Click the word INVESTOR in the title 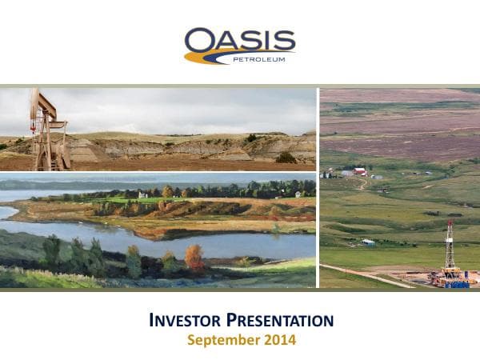point(186,322)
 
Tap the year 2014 point(277,340)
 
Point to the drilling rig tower point(450,248)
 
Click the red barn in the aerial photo point(361,171)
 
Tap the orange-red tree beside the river point(194,258)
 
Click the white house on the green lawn point(142,194)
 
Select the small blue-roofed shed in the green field point(367,242)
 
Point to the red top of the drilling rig point(450,224)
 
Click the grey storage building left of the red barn point(346,172)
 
